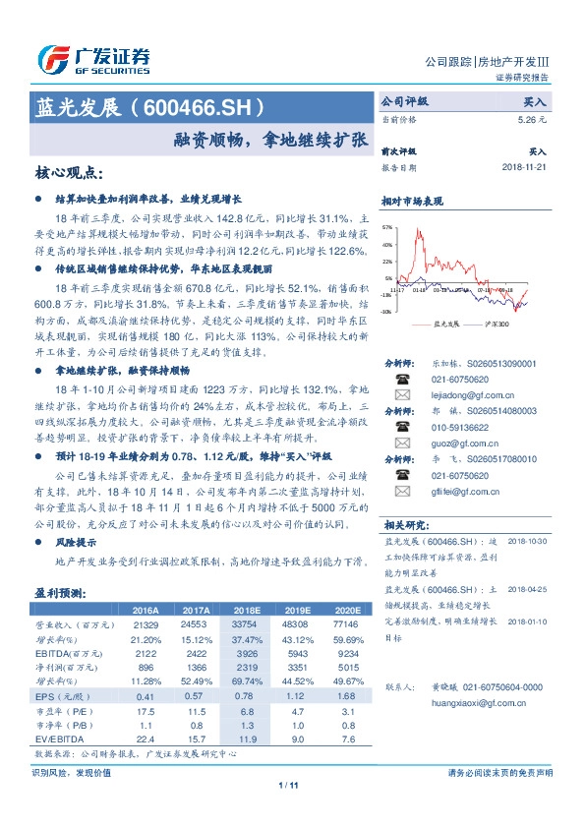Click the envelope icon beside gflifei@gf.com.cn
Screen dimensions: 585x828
[402, 492]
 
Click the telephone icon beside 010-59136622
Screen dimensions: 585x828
[402, 428]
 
